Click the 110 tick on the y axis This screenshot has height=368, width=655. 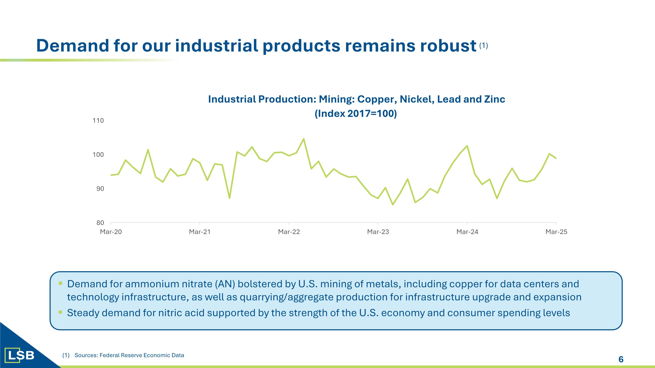tap(98, 121)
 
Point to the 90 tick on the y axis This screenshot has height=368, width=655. tap(100, 189)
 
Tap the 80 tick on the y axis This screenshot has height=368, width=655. tap(100, 223)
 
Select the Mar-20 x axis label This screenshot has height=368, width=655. tap(111, 232)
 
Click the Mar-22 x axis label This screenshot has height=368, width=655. tap(289, 232)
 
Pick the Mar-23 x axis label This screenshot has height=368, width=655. tap(378, 232)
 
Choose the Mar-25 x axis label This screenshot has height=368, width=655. tap(556, 232)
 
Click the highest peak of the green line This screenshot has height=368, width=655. tap(304, 139)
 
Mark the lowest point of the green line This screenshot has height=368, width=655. tap(393, 205)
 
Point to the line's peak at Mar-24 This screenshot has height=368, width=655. tap(467, 146)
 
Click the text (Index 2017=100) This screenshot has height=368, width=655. tap(355, 113)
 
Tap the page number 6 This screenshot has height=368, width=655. tap(621, 359)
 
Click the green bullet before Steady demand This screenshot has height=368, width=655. tap(60, 312)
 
